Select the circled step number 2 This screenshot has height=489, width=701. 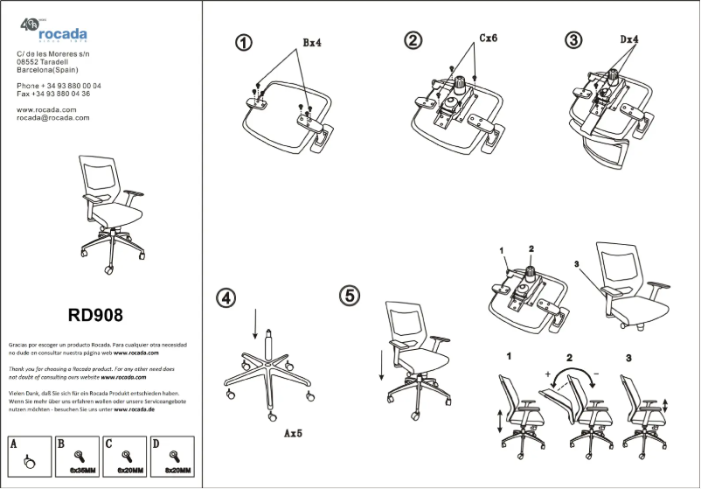tap(413, 40)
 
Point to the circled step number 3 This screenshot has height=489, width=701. tap(573, 40)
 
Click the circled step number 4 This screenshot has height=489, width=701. tap(226, 297)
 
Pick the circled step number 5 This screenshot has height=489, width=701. tap(350, 296)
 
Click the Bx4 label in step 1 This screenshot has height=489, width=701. tap(313, 42)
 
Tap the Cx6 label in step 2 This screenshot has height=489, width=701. tap(488, 38)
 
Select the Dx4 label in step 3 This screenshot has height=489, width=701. tap(629, 39)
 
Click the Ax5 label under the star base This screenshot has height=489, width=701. tap(293, 433)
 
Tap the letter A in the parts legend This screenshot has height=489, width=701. tap(14, 444)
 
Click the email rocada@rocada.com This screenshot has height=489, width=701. tap(53, 117)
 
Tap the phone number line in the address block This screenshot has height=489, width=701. tap(59, 86)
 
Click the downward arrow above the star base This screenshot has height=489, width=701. tap(255, 324)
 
